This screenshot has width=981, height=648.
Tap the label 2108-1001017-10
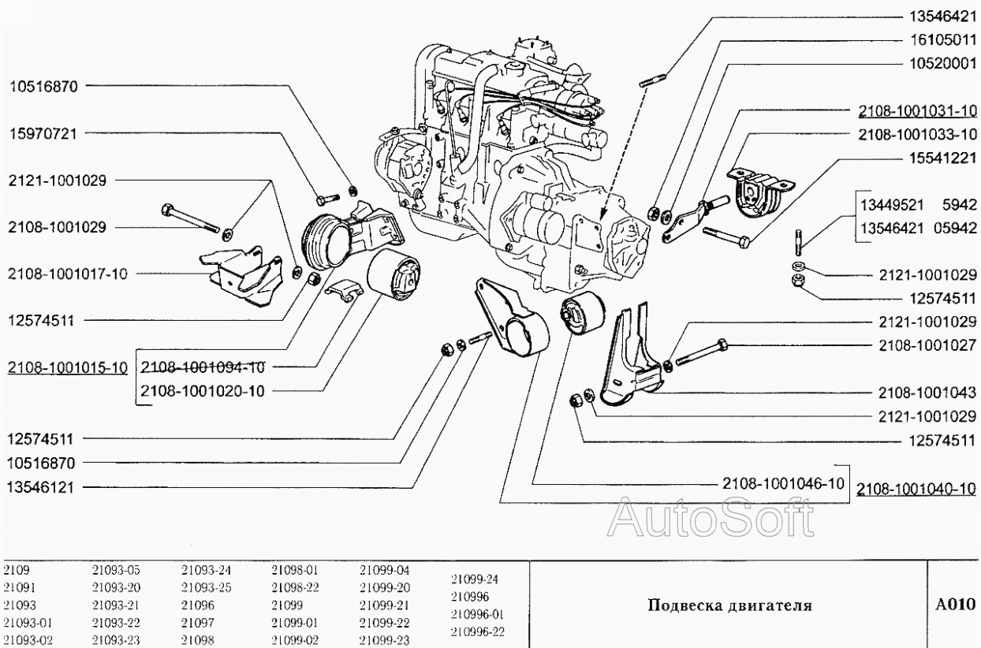[67, 274]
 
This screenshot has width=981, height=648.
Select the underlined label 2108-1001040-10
[917, 488]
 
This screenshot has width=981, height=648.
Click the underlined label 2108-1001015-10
[67, 367]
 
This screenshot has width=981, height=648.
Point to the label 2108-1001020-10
[202, 390]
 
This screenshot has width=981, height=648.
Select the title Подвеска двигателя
[729, 605]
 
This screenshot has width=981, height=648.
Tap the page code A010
[956, 605]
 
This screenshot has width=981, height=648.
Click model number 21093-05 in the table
[114, 568]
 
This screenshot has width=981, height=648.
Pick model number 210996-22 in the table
[476, 631]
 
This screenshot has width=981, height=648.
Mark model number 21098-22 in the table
[293, 587]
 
